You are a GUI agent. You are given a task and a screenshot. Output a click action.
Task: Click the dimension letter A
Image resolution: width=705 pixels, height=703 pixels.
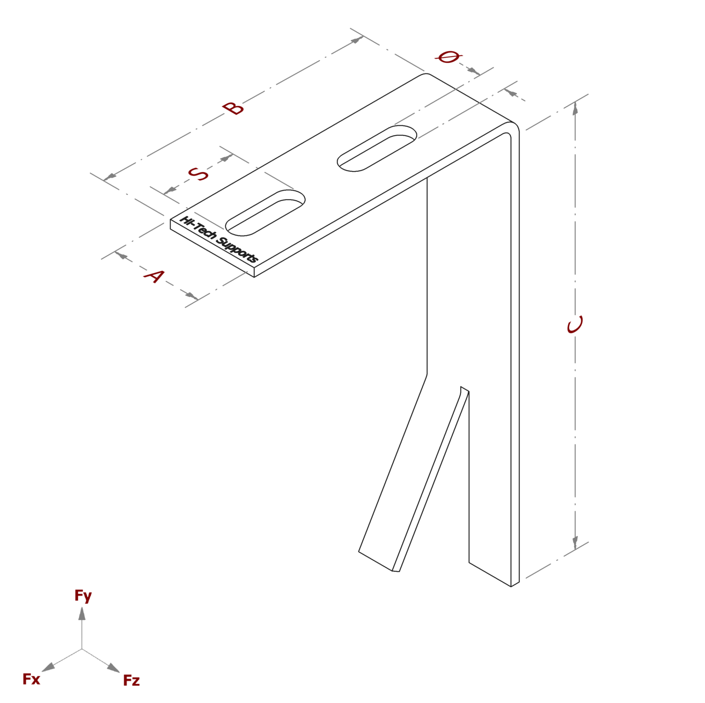[154, 276]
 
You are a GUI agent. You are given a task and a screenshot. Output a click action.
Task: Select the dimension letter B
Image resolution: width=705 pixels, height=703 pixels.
[233, 108]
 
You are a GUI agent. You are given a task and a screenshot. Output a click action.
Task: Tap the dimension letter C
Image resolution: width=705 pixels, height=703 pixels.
[575, 324]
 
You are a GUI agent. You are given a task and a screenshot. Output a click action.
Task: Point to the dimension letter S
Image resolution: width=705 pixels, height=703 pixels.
[198, 174]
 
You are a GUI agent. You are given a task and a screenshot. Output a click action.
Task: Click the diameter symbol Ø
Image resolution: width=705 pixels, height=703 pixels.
[448, 57]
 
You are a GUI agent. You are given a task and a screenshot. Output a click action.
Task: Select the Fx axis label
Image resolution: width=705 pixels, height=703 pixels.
[31, 679]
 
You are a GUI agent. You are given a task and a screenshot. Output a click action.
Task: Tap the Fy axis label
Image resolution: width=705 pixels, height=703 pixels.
[83, 596]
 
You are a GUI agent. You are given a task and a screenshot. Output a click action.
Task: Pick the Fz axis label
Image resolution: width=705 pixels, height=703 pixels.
[131, 680]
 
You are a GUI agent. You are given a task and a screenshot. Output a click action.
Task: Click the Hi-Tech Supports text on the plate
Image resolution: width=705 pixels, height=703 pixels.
[219, 239]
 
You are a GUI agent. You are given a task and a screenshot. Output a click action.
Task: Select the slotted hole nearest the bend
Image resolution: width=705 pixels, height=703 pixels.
[377, 148]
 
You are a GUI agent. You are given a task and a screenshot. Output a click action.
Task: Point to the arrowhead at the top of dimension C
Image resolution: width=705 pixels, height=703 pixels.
[575, 108]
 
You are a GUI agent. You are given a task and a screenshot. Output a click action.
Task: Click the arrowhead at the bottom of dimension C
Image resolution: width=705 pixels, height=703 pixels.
[575, 542]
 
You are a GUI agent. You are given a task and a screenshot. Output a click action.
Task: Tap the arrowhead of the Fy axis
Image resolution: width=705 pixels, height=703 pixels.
[82, 614]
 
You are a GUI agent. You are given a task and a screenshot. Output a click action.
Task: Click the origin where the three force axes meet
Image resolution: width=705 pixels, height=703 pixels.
[82, 648]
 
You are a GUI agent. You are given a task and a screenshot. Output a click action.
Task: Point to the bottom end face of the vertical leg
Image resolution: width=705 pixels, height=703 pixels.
[515, 584]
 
